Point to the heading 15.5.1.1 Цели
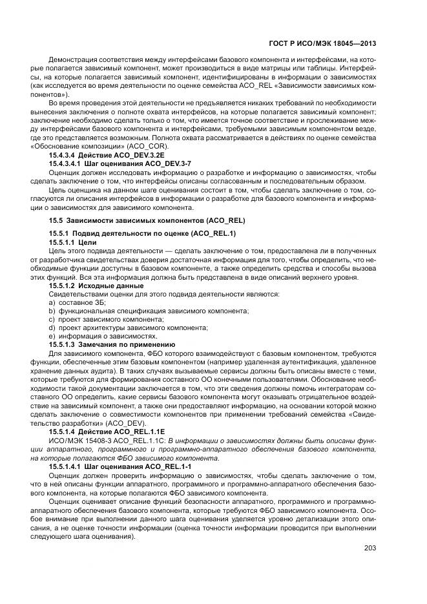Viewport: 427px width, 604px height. tap(72, 242)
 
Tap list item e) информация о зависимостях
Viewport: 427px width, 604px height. tap(103, 336)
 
